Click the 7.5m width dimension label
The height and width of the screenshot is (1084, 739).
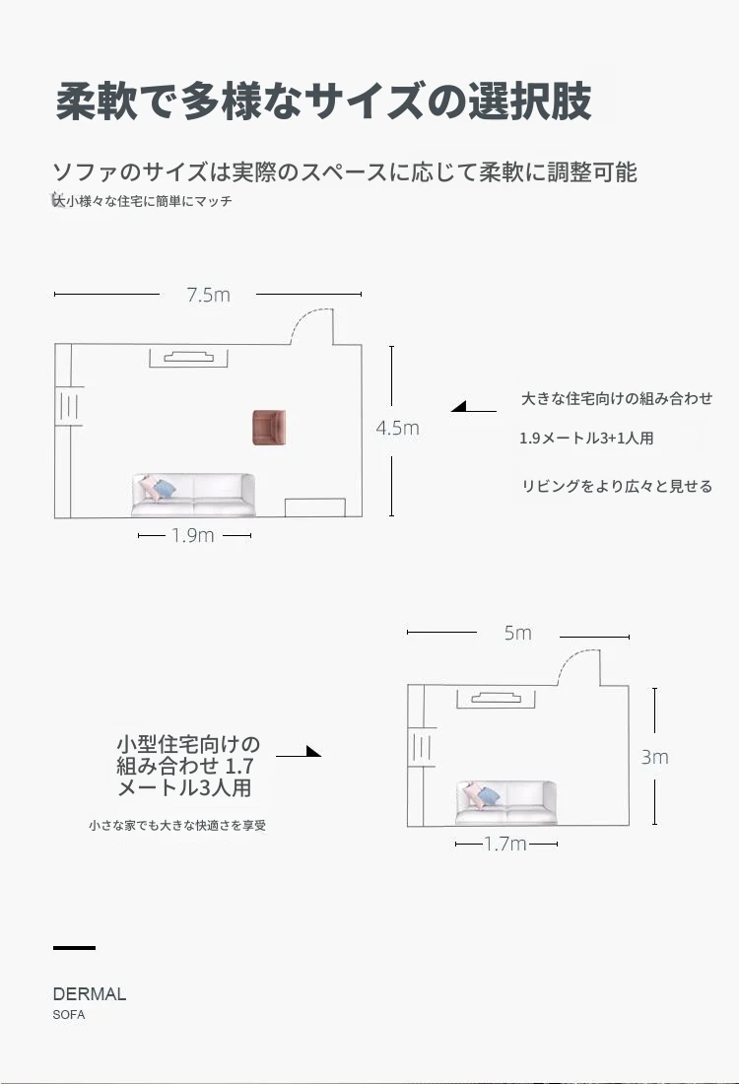pos(208,295)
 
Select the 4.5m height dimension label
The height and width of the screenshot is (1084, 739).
pos(397,428)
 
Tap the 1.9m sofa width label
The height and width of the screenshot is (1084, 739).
pos(193,536)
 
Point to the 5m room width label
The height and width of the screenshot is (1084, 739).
pos(518,634)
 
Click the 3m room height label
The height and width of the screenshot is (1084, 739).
pos(655,757)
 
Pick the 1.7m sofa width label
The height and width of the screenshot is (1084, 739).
pos(505,845)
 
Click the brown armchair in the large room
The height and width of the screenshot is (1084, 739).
pos(268,427)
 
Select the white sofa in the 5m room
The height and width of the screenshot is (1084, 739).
pos(506,802)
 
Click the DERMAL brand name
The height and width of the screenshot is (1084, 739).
pos(90,994)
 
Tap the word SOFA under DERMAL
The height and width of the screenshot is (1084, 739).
pos(69,1015)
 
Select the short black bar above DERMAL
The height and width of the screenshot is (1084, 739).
pos(74,947)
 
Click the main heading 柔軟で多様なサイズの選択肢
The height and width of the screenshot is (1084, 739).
pos(323,102)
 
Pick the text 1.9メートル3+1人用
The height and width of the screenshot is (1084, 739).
pos(586,439)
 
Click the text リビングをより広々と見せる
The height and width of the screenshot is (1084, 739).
pos(617,486)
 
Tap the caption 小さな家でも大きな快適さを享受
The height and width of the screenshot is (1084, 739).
pos(177,826)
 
